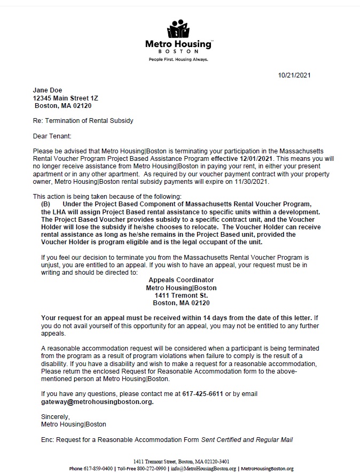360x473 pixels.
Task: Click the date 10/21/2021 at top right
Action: point(294,75)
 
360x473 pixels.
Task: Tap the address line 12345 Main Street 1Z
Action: point(66,98)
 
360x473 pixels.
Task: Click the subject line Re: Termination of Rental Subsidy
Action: point(83,121)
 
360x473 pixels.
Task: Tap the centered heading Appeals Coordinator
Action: point(181,280)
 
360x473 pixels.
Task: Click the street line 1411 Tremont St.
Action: point(181,295)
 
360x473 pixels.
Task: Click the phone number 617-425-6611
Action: point(202,394)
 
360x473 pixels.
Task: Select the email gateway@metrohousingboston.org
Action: point(97,401)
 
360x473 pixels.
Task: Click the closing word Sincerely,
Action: point(55,416)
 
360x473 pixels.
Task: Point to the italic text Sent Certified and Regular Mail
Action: point(247,440)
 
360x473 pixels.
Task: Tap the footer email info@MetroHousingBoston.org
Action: point(203,469)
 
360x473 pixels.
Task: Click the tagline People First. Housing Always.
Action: point(178,60)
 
